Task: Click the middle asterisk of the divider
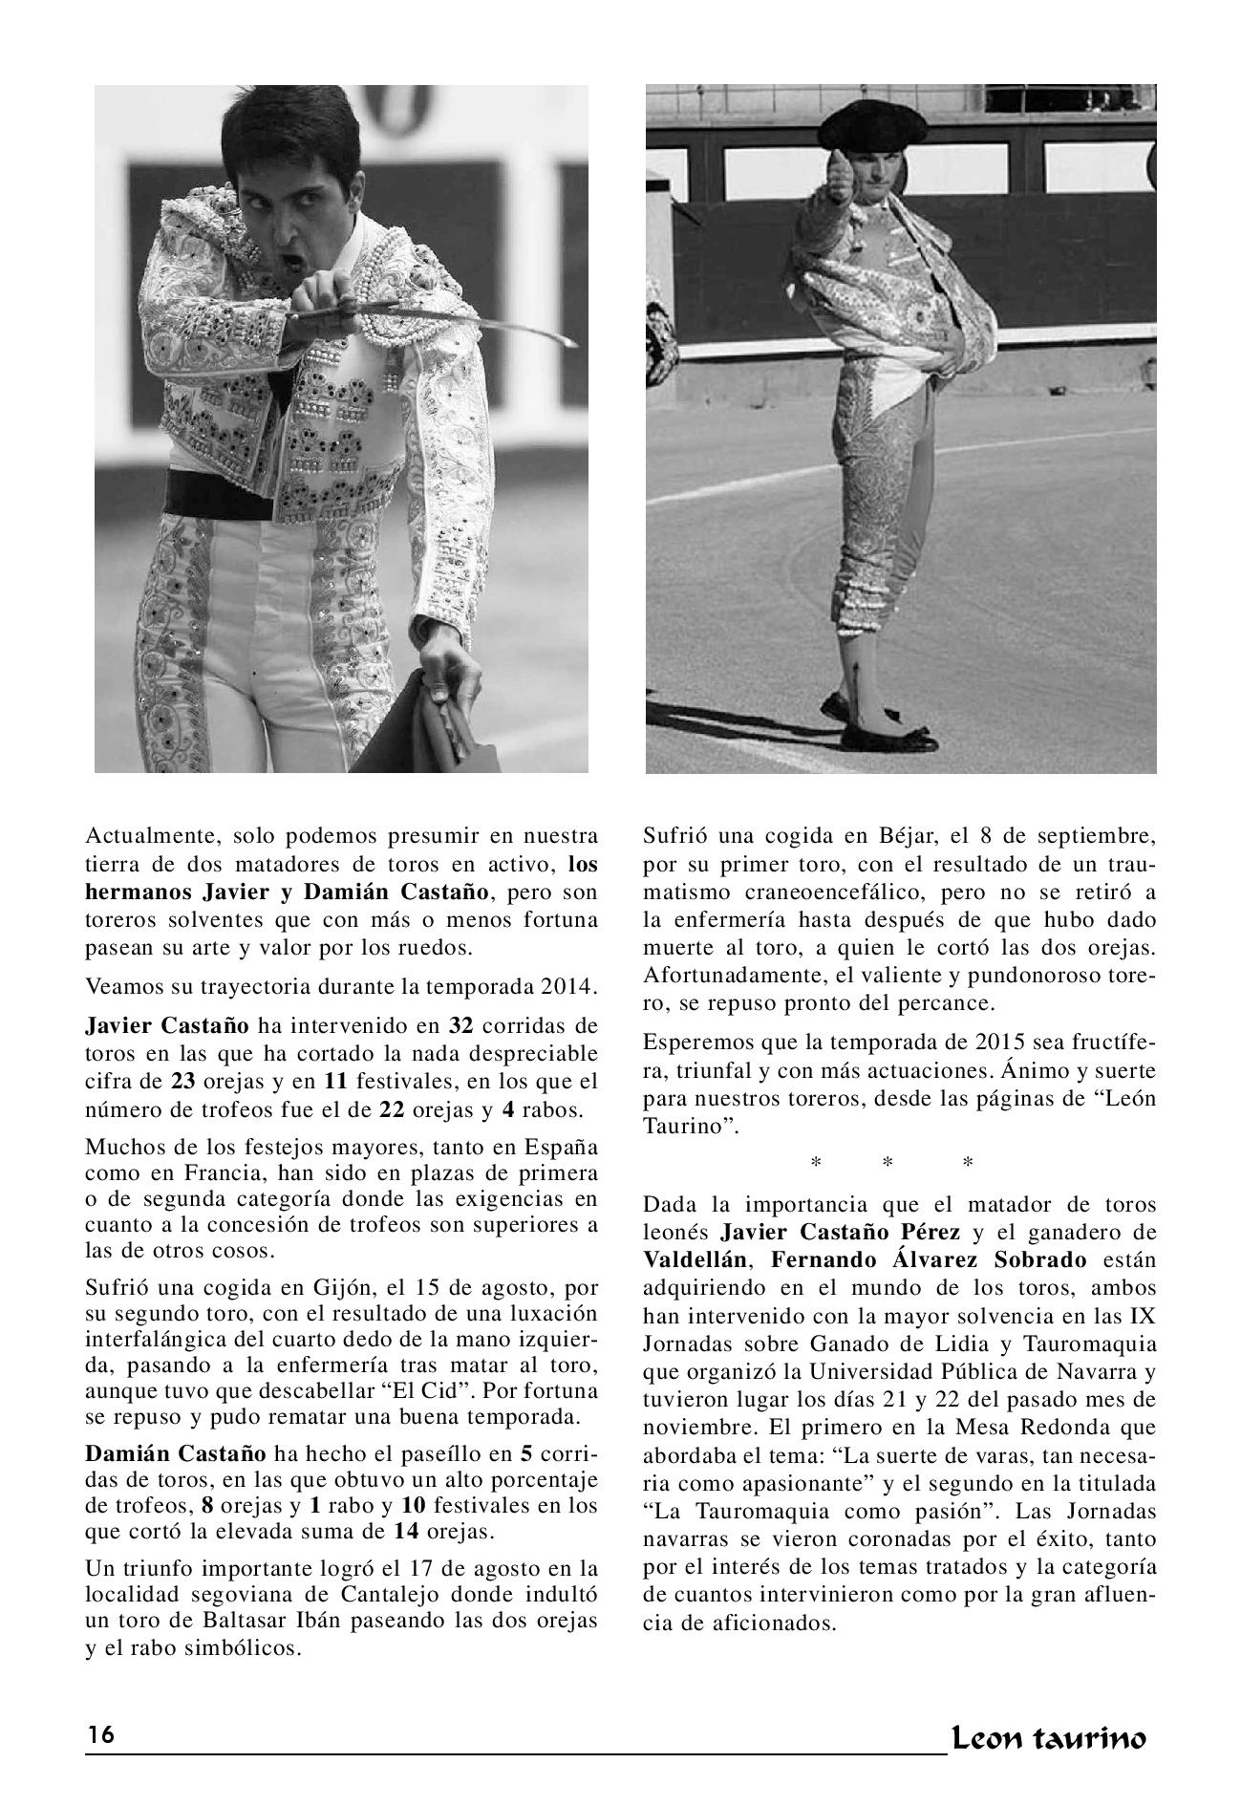(x=888, y=1163)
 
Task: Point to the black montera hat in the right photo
(x=871, y=127)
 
